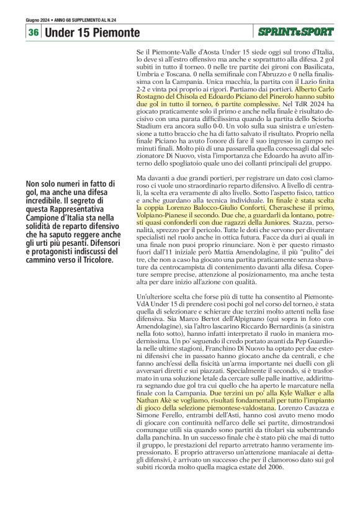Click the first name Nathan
[150, 402]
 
